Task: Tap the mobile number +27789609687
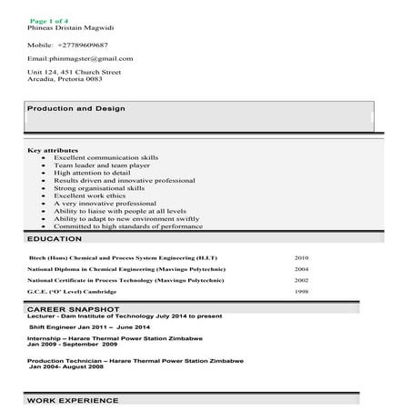(x=67, y=44)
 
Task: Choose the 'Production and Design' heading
(x=75, y=108)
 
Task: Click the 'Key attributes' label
(x=53, y=149)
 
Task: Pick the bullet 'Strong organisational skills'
(x=97, y=188)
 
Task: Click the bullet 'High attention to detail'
(x=91, y=173)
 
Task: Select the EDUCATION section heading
(x=55, y=238)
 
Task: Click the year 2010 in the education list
(x=302, y=258)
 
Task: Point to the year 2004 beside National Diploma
(x=302, y=269)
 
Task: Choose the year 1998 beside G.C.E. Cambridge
(x=302, y=292)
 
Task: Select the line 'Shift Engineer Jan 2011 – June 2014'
(x=90, y=326)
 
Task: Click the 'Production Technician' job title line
(x=127, y=360)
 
